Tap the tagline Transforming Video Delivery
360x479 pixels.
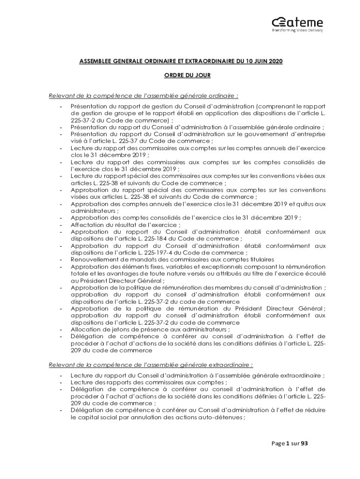297,30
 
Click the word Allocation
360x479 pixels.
85,329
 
